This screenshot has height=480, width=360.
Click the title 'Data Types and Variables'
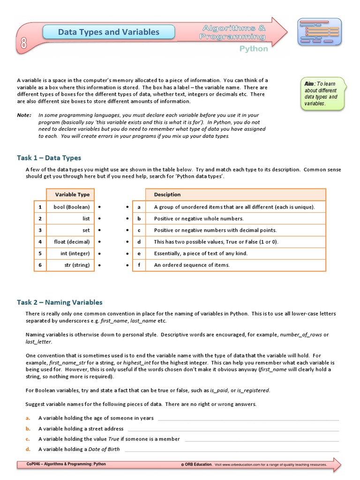(108, 32)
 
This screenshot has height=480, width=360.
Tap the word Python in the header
(254, 49)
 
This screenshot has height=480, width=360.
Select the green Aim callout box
(322, 94)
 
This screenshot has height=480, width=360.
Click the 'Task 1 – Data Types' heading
(49, 158)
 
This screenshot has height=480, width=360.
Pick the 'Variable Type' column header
(72, 195)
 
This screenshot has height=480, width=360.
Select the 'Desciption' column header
(167, 195)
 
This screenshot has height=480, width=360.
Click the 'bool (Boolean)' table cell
(72, 207)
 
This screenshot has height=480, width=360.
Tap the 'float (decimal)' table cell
(72, 242)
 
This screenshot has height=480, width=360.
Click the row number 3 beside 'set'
(40, 230)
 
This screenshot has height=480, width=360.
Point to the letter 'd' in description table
(139, 242)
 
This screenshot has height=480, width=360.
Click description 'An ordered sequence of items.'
(192, 265)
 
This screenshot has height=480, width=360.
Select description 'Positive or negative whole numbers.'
(199, 218)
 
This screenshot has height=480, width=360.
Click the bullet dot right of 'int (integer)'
(100, 254)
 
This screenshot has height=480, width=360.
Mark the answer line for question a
(248, 419)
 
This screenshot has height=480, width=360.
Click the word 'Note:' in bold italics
(24, 115)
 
